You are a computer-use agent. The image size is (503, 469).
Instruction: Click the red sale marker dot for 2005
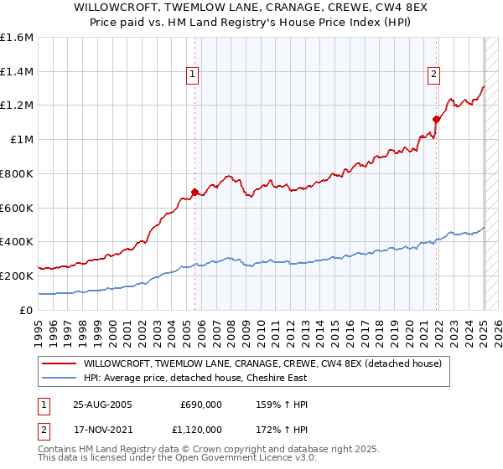click(194, 192)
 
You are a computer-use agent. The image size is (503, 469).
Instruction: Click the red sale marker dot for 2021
click(437, 118)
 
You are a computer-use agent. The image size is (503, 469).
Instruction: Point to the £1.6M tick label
click(17, 38)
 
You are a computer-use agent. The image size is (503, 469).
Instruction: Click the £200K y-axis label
click(17, 276)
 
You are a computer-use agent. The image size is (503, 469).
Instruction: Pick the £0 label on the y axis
click(27, 310)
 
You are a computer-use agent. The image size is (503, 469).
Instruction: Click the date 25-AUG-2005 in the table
click(101, 405)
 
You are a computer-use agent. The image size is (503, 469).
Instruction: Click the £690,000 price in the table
click(200, 405)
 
